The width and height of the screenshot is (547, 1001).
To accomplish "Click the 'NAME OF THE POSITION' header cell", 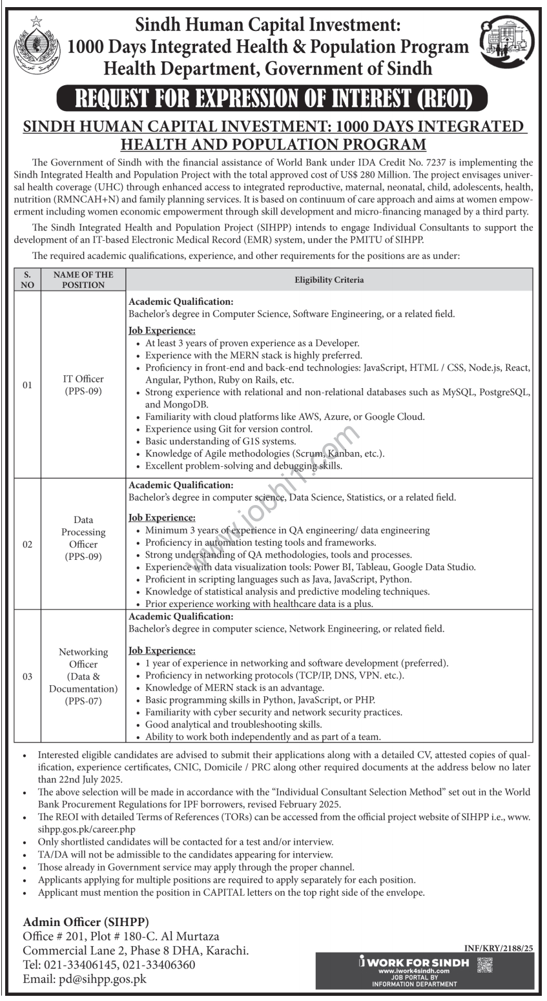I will point(83,280).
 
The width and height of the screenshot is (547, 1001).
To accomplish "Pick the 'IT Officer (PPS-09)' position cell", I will point(83,385).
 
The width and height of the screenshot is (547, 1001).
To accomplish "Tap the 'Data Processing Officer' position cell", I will point(83,538).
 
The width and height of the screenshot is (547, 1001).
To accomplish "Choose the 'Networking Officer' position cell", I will point(83,676).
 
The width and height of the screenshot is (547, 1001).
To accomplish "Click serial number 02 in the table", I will point(27,544).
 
